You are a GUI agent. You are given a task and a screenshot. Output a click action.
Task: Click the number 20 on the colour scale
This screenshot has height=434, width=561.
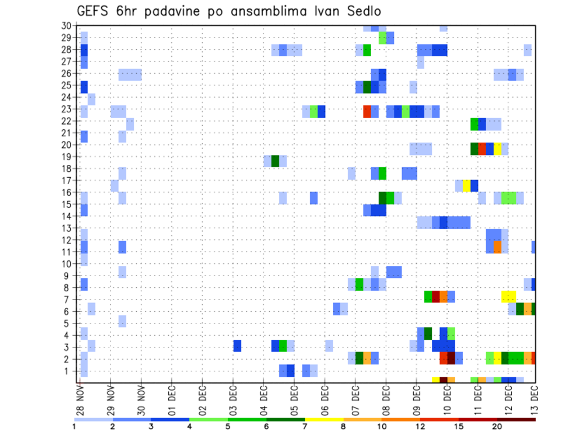[x=497, y=426]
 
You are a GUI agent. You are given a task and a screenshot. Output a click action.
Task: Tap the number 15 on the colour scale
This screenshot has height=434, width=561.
[x=459, y=426]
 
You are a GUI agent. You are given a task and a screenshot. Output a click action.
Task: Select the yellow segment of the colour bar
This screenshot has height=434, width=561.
[x=324, y=419]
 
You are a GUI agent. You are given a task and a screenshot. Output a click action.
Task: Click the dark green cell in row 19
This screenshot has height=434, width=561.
[x=275, y=161]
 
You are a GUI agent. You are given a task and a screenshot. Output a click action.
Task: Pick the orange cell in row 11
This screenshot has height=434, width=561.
[x=497, y=247]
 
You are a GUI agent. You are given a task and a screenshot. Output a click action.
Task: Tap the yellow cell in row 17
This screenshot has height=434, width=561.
[x=466, y=185]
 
